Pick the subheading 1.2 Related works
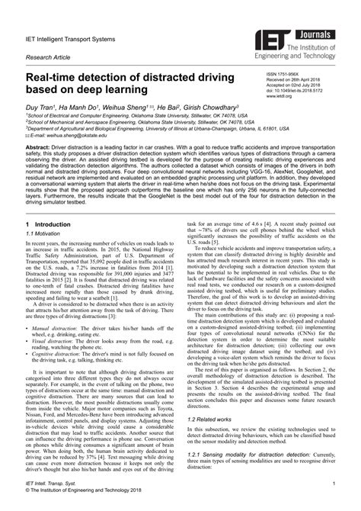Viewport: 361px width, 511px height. (213, 419)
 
